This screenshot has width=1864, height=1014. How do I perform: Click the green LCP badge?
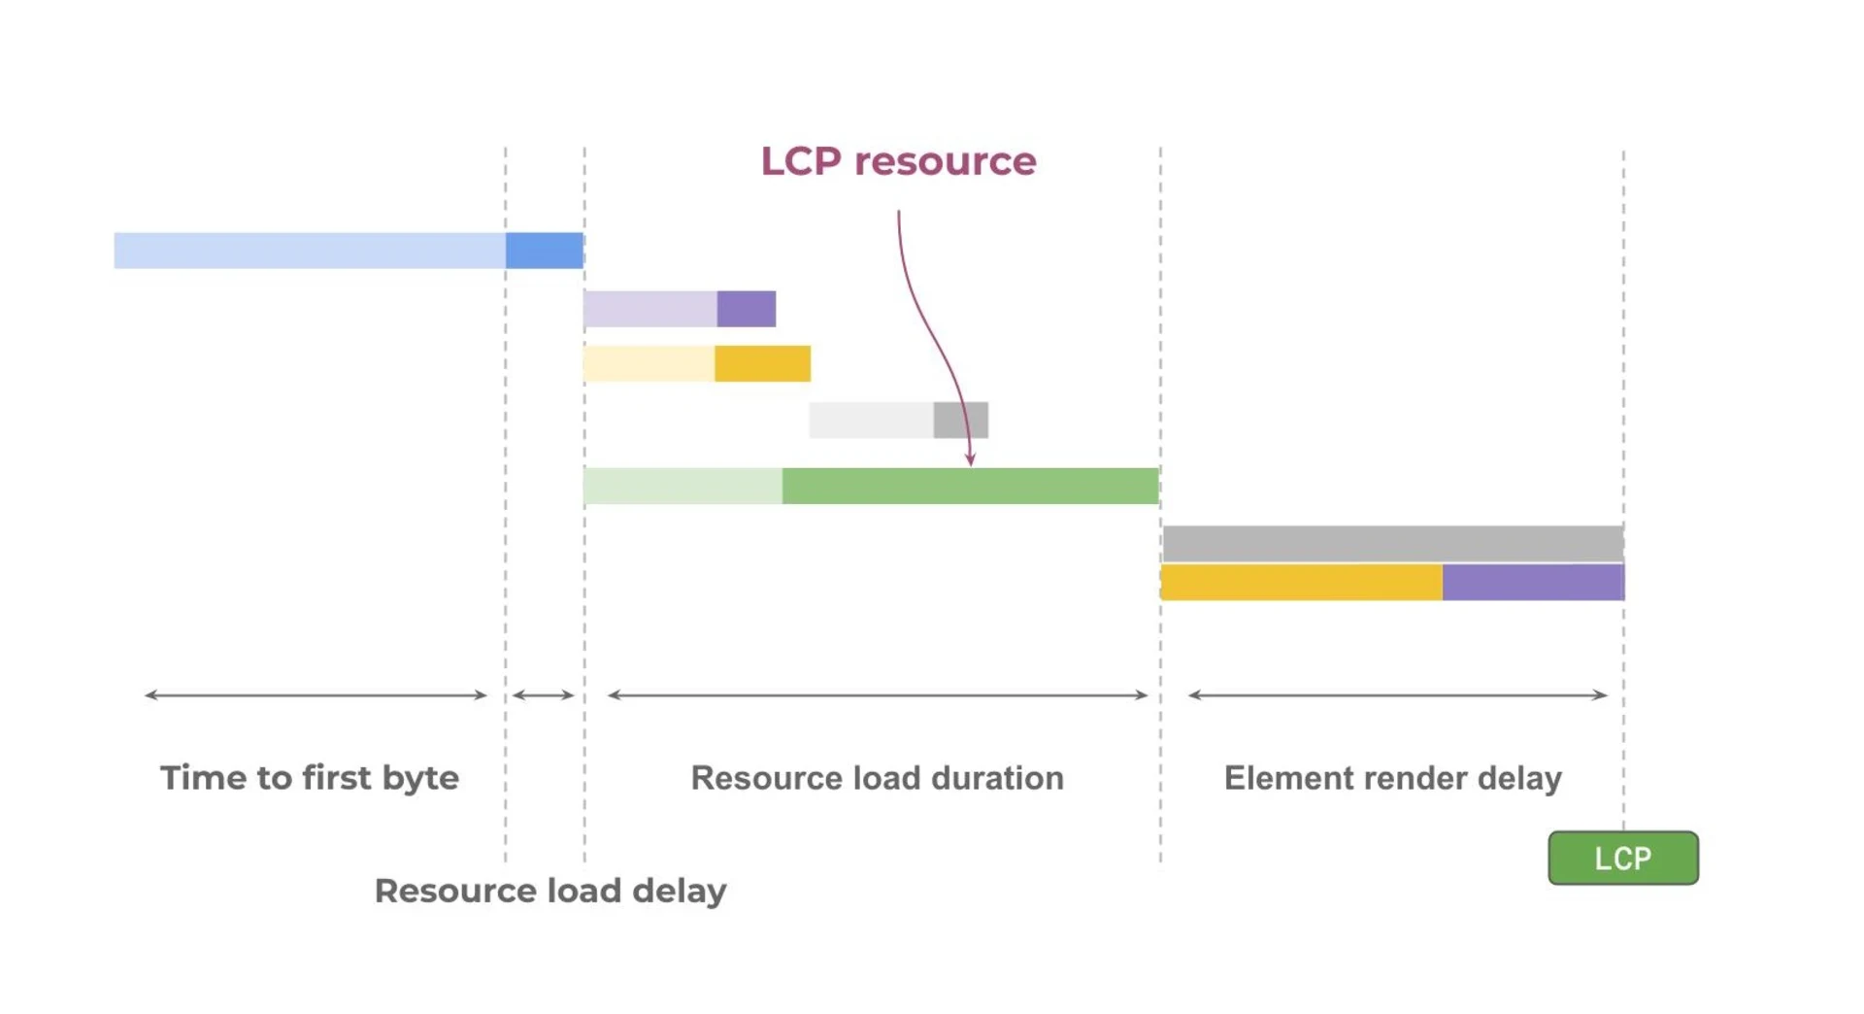click(1623, 858)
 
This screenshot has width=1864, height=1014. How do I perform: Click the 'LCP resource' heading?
click(898, 161)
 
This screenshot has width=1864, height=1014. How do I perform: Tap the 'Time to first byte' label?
click(310, 778)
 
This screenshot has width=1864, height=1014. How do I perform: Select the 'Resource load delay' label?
click(550, 891)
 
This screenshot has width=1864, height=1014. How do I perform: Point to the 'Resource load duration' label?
click(878, 778)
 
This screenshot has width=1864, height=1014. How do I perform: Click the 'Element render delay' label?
click(1393, 778)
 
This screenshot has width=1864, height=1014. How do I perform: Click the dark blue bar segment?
click(545, 251)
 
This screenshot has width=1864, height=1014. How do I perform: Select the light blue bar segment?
click(310, 251)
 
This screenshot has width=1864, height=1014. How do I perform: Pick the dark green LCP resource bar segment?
click(971, 486)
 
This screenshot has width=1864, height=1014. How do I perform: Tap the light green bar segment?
click(683, 486)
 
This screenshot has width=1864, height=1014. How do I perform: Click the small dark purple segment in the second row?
click(747, 309)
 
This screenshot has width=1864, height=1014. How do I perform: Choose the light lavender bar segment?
click(650, 309)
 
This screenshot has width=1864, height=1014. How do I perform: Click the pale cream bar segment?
click(649, 363)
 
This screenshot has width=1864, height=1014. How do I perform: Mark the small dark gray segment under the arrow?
click(961, 420)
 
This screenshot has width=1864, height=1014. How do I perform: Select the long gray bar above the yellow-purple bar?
click(1393, 544)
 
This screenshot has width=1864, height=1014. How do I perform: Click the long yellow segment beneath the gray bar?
click(1302, 583)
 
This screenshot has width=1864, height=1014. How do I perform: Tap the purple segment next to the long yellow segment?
click(1534, 583)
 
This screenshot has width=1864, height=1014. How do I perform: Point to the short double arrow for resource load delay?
click(544, 695)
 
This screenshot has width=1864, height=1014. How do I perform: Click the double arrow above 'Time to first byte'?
click(316, 695)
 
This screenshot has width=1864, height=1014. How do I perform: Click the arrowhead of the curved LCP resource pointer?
click(970, 461)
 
